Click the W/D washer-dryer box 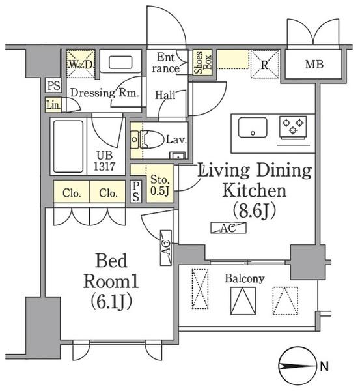[x=81, y=64]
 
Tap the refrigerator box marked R [x=264, y=65]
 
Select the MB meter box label [x=314, y=65]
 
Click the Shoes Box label [x=203, y=63]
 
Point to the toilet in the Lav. [x=150, y=139]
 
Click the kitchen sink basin [x=253, y=128]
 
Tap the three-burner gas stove [x=293, y=127]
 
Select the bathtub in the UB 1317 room [x=68, y=147]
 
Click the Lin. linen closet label [x=53, y=105]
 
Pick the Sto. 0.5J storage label [x=160, y=185]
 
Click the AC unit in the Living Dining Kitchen [x=228, y=227]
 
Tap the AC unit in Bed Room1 [x=165, y=248]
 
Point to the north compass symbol [x=298, y=366]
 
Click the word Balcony [x=244, y=279]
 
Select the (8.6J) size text [x=255, y=210]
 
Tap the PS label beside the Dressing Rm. [x=54, y=86]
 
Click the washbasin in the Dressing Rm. [x=120, y=62]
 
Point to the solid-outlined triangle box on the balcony [x=243, y=300]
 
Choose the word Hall [x=165, y=95]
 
